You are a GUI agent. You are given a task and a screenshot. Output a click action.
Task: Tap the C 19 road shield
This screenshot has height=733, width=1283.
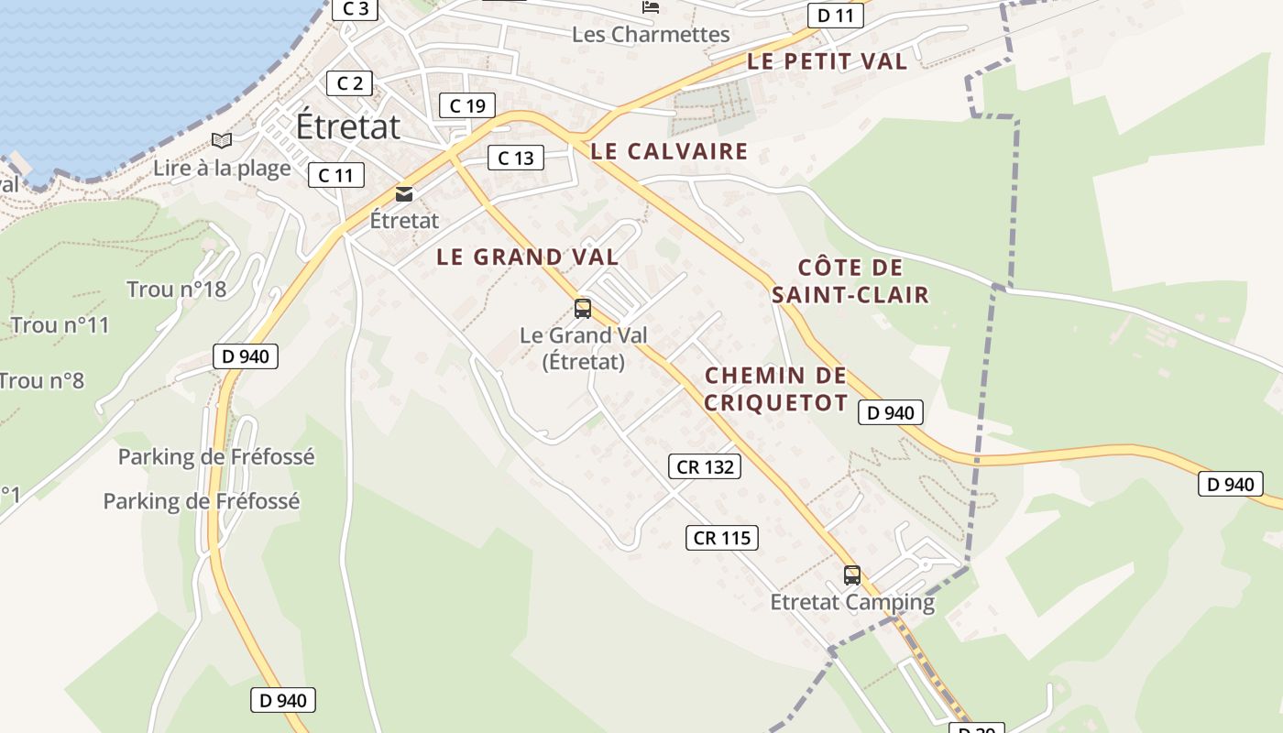click(467, 105)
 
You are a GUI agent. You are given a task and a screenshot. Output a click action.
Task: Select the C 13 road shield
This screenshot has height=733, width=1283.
click(516, 158)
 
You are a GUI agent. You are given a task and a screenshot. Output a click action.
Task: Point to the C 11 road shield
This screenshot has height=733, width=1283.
click(335, 175)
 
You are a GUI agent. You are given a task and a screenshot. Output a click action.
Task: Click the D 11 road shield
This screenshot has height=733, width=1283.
click(835, 16)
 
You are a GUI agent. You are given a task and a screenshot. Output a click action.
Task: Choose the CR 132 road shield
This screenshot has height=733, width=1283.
click(704, 466)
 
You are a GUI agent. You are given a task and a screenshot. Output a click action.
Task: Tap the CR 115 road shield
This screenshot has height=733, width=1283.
click(722, 538)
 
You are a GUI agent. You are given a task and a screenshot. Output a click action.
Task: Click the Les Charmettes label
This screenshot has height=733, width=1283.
click(651, 35)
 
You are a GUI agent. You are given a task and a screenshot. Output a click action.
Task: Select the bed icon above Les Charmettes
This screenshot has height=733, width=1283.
click(651, 7)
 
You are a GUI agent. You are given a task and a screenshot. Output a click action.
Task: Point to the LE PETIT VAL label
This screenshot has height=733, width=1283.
click(827, 61)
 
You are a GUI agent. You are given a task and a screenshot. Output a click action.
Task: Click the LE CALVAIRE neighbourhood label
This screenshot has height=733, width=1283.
click(669, 151)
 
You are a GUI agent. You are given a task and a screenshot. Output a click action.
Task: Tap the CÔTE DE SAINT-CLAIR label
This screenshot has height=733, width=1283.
click(850, 281)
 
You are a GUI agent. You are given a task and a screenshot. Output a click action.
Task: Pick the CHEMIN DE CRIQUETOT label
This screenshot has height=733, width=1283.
click(776, 388)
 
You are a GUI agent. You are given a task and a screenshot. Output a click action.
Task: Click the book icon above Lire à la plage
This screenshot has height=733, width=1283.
click(222, 140)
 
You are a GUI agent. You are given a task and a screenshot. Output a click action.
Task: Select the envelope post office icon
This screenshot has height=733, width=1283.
click(404, 193)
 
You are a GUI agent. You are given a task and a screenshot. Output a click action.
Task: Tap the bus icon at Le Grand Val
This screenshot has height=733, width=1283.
click(583, 308)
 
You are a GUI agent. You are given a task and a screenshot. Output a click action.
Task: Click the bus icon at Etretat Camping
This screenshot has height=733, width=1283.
click(852, 575)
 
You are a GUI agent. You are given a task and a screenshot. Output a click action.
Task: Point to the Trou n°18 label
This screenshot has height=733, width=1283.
click(176, 290)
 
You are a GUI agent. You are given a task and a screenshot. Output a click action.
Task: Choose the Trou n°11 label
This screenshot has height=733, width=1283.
click(60, 325)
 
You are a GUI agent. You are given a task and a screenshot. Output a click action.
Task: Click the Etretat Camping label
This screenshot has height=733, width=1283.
click(852, 602)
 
